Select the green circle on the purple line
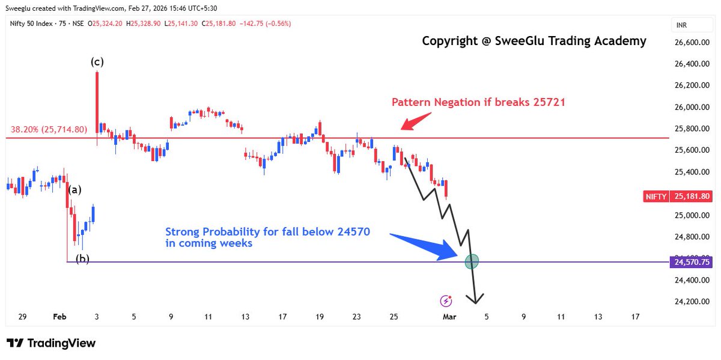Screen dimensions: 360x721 coord(472,261)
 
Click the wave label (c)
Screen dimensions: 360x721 coord(96,62)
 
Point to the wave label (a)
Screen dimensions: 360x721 coord(75,190)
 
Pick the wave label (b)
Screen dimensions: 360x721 coord(82,260)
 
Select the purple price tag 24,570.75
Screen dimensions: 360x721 coord(693,262)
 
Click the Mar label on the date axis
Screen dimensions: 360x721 coord(449,317)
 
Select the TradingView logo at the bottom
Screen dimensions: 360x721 coord(51,343)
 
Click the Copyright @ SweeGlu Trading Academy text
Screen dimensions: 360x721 coord(534,41)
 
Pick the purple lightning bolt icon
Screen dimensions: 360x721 coord(446,301)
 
